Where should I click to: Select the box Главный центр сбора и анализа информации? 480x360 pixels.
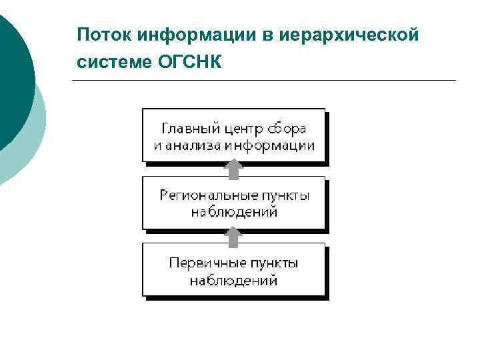coord(233,135)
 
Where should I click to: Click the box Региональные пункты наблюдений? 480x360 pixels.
coord(233,203)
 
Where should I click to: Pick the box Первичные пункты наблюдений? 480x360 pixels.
coord(233,269)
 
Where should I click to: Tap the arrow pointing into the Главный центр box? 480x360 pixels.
coord(233,169)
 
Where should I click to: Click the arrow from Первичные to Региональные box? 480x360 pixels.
coord(233,236)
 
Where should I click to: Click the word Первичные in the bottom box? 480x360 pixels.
coord(201,263)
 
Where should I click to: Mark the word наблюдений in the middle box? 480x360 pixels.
coord(233,213)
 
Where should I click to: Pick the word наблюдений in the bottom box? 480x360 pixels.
coord(233,280)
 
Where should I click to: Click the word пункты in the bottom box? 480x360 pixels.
coord(269,263)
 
